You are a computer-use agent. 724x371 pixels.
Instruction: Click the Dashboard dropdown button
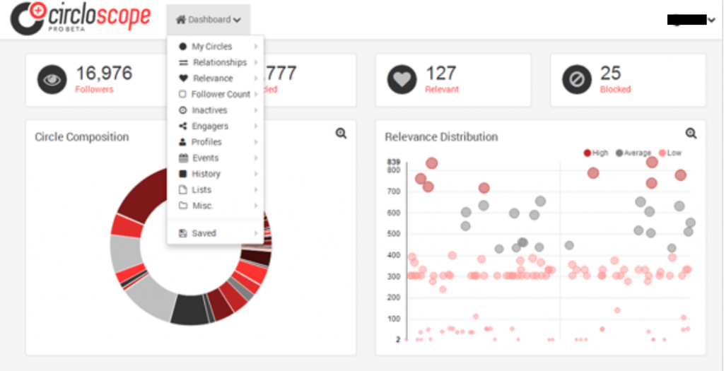pyautogui.click(x=208, y=20)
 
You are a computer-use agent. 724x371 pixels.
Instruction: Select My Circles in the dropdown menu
pyautogui.click(x=211, y=47)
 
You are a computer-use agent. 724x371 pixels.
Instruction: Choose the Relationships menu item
pyautogui.click(x=219, y=62)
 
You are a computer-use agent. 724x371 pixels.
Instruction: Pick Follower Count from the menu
pyautogui.click(x=220, y=94)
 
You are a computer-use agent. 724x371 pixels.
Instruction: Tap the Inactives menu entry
pyautogui.click(x=209, y=110)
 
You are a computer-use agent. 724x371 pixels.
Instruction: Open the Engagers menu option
pyautogui.click(x=210, y=126)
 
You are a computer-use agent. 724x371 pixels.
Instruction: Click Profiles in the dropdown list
pyautogui.click(x=206, y=142)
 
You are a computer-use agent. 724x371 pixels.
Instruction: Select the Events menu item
pyautogui.click(x=205, y=158)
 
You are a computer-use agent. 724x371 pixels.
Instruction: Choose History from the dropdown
pyautogui.click(x=206, y=174)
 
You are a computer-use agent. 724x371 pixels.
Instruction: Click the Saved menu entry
pyautogui.click(x=204, y=233)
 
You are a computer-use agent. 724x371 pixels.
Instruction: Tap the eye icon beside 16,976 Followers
pyautogui.click(x=52, y=80)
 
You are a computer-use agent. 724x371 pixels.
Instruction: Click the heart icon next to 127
pyautogui.click(x=402, y=80)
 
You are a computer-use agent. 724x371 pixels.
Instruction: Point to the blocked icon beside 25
pyautogui.click(x=576, y=80)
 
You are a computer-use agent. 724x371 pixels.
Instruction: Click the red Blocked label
pyautogui.click(x=615, y=90)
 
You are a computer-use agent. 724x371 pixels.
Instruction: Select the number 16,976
pyautogui.click(x=104, y=73)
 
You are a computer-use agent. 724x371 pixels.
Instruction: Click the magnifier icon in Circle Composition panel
pyautogui.click(x=341, y=133)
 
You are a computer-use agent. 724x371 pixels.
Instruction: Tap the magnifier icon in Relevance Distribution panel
pyautogui.click(x=691, y=133)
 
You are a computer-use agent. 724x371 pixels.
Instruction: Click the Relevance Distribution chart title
pyautogui.click(x=441, y=137)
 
